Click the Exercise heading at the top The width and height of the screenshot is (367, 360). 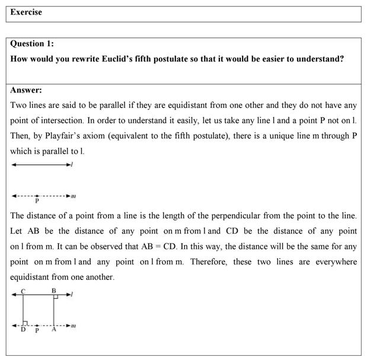point(26,12)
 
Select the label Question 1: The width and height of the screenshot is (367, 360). point(36,44)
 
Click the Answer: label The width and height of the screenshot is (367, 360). point(26,90)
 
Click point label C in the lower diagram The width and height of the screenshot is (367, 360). point(23,290)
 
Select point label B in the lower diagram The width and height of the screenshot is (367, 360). point(54,290)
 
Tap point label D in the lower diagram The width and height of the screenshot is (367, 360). point(23,330)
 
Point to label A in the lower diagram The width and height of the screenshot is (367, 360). point(54,330)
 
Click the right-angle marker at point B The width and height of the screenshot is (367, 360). point(55,297)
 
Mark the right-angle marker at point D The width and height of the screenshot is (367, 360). point(25,323)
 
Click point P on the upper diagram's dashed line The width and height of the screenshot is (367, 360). point(37,195)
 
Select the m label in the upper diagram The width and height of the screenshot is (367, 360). point(73,196)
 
